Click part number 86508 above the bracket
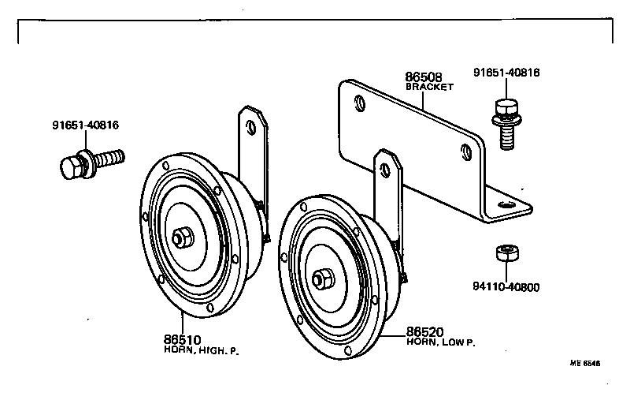coord(423,77)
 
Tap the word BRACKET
coord(429,88)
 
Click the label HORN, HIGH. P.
coord(201,350)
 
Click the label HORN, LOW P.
coord(442,342)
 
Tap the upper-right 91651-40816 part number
coord(506,73)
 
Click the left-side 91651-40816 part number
coord(86,125)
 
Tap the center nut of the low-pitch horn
coord(322,279)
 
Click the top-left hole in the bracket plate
coord(360,103)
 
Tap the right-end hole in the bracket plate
coord(468,151)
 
